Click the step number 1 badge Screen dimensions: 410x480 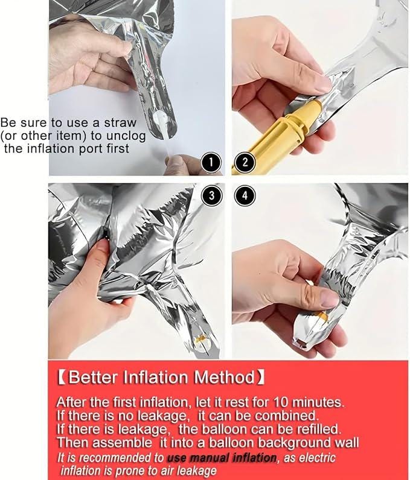(211, 163)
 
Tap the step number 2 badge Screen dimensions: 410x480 (245, 163)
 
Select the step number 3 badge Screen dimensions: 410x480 (211, 195)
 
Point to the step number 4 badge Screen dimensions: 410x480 (245, 195)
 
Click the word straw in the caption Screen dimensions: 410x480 (120, 122)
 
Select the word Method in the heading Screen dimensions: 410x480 (224, 377)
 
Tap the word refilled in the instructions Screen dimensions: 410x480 (319, 429)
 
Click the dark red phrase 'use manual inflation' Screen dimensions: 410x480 (222, 458)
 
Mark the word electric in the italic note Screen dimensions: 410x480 (317, 458)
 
